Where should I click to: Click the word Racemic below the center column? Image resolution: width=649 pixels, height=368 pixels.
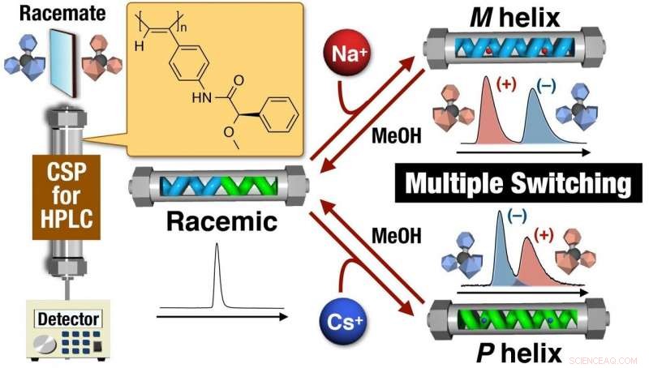coord(217,220)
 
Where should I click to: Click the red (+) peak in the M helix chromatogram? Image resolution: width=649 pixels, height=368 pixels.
coord(487,113)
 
